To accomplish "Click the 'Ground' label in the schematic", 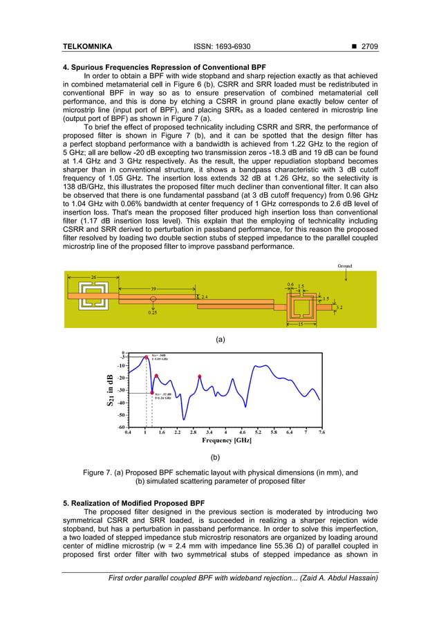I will [x=344, y=266].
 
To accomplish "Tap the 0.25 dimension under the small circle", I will [x=153, y=313].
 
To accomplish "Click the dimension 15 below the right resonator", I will [x=301, y=324].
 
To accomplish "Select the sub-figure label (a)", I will [x=220, y=340].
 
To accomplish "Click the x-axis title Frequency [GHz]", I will [x=226, y=441].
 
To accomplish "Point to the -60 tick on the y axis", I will [x=120, y=428].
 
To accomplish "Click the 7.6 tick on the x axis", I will [x=321, y=432].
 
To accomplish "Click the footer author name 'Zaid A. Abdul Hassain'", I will [x=335, y=578].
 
